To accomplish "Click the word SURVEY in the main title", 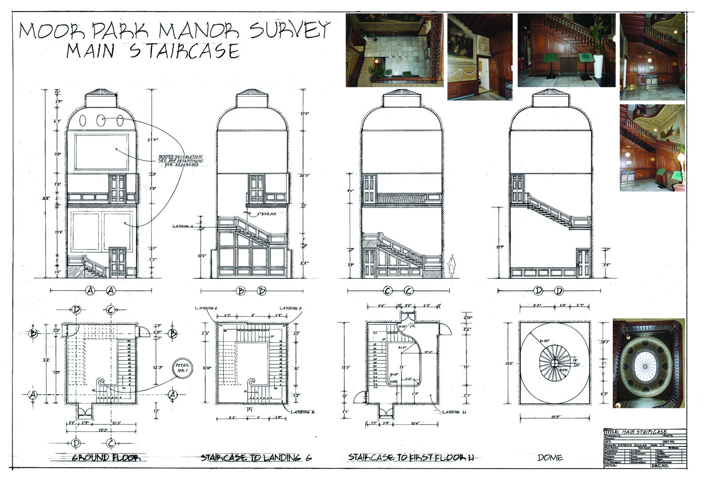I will [290, 30].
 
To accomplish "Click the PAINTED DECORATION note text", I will [181, 160].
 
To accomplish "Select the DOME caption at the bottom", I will [550, 457].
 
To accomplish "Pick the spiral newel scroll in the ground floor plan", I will [101, 383].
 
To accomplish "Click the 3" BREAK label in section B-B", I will [267, 214].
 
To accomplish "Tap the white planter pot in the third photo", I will [598, 66].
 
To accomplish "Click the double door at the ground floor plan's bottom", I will [84, 413].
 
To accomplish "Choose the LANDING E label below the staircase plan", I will [303, 412].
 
